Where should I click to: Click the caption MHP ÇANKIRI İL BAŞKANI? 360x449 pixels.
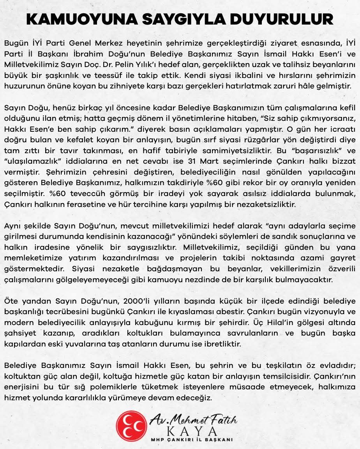pos(192,439)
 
